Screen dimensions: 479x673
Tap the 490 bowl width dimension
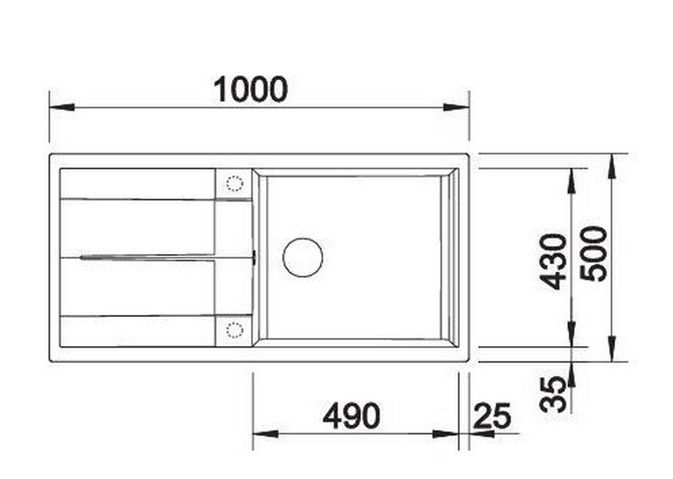click(351, 416)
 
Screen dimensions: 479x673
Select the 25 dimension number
click(492, 416)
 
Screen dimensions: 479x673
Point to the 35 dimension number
click(555, 394)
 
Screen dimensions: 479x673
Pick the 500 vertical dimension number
click(593, 253)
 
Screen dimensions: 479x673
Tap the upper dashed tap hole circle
click(234, 183)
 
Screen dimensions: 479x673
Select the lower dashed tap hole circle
click(234, 329)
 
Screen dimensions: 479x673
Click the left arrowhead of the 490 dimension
click(265, 434)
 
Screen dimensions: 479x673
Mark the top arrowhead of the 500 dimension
click(612, 166)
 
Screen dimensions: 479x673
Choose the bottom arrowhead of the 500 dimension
click(612, 349)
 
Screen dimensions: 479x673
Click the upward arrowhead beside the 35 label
click(571, 375)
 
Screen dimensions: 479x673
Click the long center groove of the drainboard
click(163, 257)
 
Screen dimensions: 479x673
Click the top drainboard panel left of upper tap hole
click(137, 183)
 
